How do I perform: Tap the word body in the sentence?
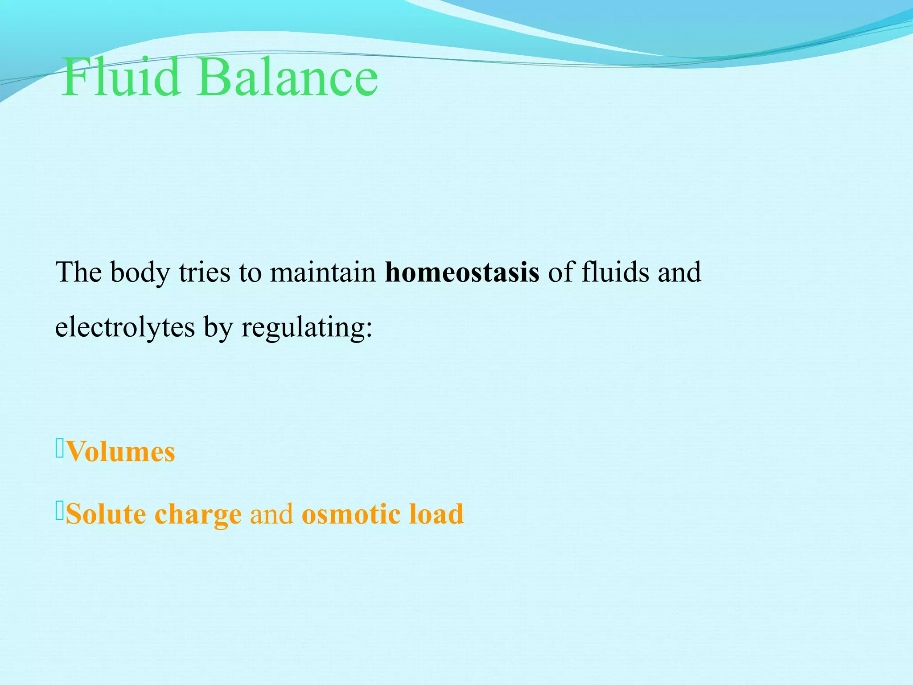click(140, 273)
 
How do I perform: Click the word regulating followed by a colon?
click(306, 328)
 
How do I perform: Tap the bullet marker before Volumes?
click(60, 448)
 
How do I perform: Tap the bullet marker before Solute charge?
click(60, 510)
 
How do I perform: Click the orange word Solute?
click(106, 514)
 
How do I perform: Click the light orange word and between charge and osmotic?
click(271, 514)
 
